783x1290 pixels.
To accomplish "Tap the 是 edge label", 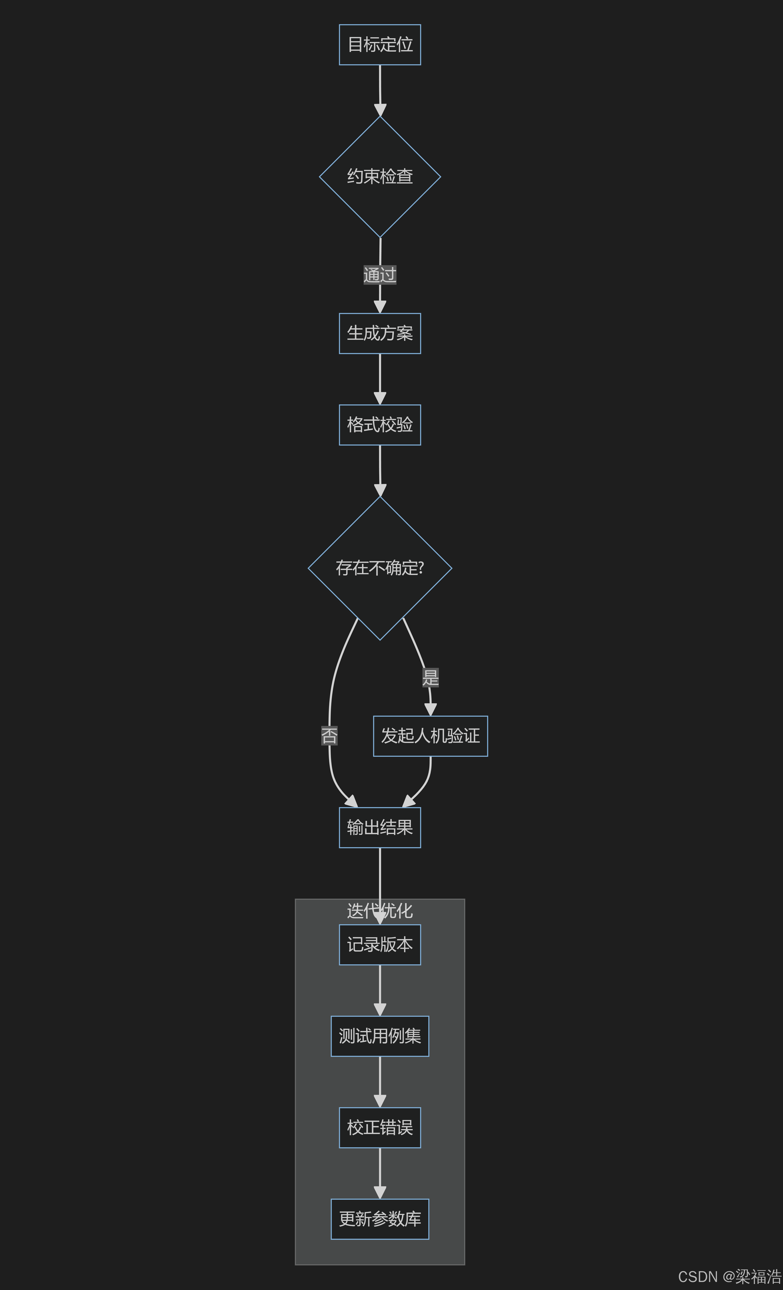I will [430, 677].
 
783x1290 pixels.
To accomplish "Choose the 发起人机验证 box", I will [430, 736].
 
